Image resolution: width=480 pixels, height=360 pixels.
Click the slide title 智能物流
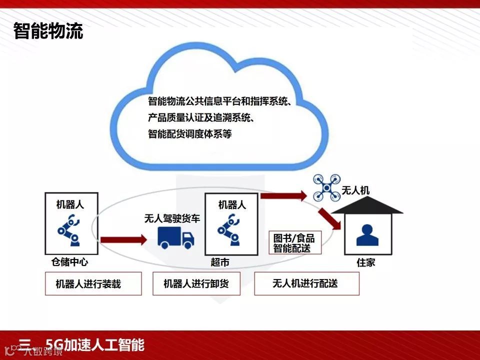pos(48,31)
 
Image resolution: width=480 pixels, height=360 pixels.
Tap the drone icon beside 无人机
pos(326,187)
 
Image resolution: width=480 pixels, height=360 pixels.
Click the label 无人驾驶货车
pos(171,218)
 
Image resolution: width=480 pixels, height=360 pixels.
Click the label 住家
pos(366,262)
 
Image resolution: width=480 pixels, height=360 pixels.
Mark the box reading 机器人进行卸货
pos(196,284)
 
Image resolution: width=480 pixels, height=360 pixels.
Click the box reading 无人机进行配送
pos(306,283)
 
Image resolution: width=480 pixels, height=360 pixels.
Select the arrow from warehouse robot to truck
pos(123,240)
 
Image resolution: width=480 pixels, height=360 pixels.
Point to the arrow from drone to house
pos(330,216)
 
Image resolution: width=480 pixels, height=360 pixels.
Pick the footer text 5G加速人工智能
pos(95,345)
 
